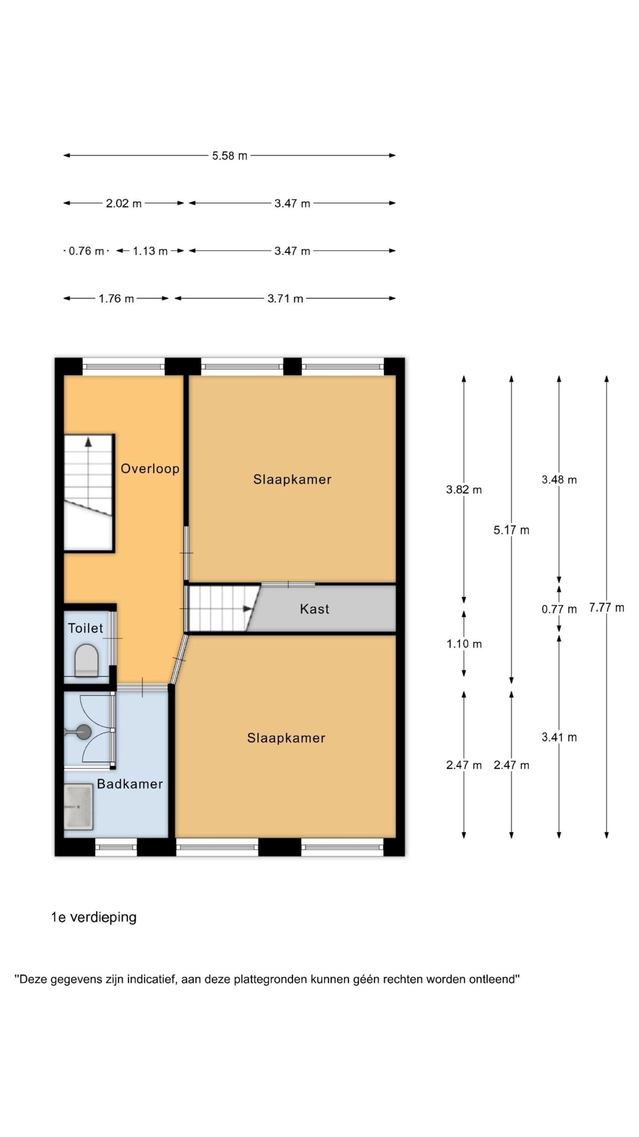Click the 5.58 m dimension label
[x=229, y=156]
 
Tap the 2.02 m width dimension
[x=123, y=203]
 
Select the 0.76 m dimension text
[x=86, y=251]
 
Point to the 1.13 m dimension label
[x=150, y=251]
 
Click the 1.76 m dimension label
[x=116, y=298]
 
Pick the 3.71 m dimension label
[x=285, y=298]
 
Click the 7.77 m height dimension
[x=606, y=607]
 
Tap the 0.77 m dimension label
[x=559, y=609]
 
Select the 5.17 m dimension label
[x=511, y=530]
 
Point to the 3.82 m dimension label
[x=464, y=489]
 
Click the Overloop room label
[x=150, y=469]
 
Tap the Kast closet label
[x=315, y=609]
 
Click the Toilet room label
[x=85, y=628]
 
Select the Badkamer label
[x=130, y=784]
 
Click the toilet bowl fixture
[x=86, y=660]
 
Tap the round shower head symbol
[x=83, y=731]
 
